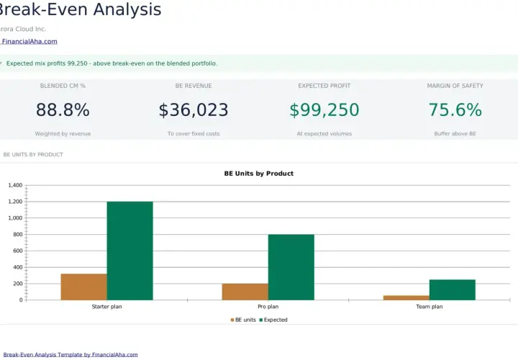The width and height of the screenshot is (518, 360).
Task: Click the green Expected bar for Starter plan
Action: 129,251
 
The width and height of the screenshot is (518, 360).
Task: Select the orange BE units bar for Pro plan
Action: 245,292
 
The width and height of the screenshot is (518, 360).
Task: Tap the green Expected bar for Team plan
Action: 453,289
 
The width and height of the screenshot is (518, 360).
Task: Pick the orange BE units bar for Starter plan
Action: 84,287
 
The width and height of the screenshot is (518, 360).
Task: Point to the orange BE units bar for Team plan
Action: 406,297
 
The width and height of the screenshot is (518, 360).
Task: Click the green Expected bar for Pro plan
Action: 291,267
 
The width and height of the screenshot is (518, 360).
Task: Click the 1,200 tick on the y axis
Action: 16,202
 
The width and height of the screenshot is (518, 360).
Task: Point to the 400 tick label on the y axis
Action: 18,267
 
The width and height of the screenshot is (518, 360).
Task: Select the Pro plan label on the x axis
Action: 268,307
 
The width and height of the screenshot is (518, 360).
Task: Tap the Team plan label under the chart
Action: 429,307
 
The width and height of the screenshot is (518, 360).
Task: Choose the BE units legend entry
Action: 243,320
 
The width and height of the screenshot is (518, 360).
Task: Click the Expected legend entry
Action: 273,320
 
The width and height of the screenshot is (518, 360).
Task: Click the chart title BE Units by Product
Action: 259,174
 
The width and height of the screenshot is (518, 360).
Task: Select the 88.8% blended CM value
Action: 63,109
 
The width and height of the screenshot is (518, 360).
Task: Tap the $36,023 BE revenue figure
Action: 194,109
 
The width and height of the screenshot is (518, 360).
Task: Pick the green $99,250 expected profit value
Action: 324,109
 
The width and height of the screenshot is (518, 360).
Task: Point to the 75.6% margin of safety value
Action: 455,109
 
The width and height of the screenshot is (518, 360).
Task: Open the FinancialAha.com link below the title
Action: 29,41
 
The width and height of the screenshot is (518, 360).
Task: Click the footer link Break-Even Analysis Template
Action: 71,355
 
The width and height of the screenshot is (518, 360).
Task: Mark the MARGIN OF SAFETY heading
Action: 455,86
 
